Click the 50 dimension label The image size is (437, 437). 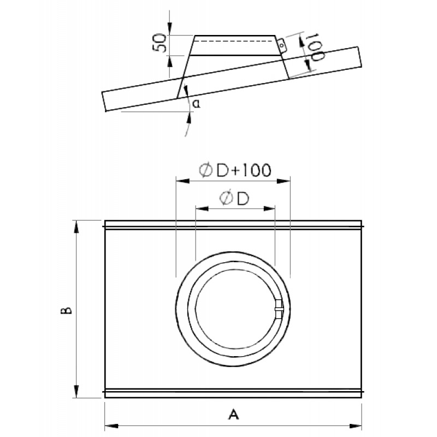tap(160, 43)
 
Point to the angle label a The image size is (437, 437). tap(197, 104)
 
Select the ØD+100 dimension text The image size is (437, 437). tap(235, 170)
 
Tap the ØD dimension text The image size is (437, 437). tap(234, 198)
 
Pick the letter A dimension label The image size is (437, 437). tap(234, 415)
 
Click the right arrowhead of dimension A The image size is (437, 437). tap(355, 426)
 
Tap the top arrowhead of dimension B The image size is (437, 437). tap(76, 227)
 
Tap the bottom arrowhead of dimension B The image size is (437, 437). tap(76, 391)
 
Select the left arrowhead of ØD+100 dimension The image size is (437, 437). tap(183, 181)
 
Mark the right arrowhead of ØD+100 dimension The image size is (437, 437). tap(283, 181)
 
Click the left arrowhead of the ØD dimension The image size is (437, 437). tap(202, 209)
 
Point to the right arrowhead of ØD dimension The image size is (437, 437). tap(269, 209)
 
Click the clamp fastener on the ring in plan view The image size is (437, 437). tap(279, 309)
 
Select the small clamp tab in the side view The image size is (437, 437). tap(281, 45)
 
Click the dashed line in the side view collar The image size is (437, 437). tap(235, 41)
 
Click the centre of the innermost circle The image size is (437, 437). tap(233, 309)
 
